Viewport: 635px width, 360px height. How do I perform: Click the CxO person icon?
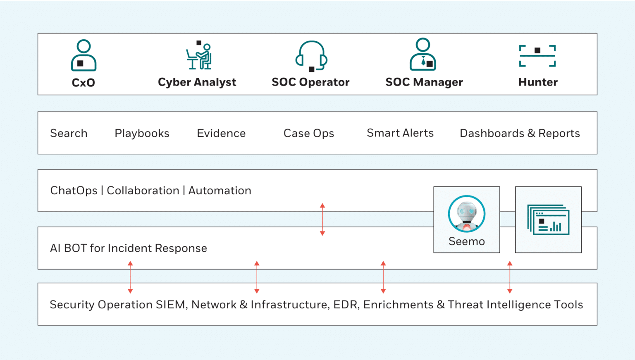click(84, 55)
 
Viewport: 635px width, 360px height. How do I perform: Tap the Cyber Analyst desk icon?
click(199, 56)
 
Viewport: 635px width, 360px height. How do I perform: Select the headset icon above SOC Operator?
click(311, 56)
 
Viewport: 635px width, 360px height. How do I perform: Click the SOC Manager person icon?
click(423, 55)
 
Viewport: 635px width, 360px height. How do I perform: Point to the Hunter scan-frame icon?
click(537, 55)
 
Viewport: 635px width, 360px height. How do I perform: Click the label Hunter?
click(538, 82)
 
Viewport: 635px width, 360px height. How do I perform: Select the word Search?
click(69, 134)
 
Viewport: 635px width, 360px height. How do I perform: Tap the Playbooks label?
click(142, 134)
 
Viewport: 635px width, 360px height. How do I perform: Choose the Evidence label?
click(221, 134)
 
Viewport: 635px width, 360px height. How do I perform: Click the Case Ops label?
click(309, 134)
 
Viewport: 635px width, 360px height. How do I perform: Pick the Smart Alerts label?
click(400, 133)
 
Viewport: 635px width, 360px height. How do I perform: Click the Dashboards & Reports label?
click(520, 134)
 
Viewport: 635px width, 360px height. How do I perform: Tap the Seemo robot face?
click(467, 214)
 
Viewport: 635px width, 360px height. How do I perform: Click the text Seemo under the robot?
click(467, 241)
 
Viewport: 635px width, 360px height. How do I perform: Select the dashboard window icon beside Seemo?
click(548, 219)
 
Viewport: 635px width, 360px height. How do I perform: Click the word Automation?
click(220, 191)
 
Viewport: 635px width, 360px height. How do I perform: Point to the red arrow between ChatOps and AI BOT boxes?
click(322, 219)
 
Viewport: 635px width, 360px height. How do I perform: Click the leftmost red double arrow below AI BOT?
click(130, 277)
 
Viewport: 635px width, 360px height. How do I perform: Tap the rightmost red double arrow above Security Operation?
click(510, 277)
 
